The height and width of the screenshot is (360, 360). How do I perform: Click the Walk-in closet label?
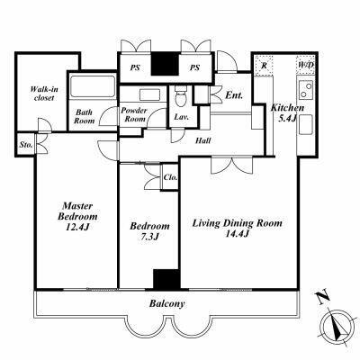(44, 94)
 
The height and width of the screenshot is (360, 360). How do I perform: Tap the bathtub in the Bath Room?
(93, 86)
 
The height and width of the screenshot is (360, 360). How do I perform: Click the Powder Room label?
(134, 114)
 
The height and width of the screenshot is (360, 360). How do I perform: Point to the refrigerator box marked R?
(264, 65)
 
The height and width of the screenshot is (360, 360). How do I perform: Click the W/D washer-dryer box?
(306, 65)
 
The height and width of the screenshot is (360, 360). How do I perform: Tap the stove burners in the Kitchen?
(306, 90)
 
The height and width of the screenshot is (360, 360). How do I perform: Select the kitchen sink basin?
(306, 124)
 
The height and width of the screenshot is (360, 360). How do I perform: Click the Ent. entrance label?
(234, 95)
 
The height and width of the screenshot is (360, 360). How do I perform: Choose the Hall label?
(203, 140)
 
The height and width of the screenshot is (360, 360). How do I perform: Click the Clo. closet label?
(170, 177)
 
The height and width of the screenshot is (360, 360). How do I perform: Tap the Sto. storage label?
(26, 145)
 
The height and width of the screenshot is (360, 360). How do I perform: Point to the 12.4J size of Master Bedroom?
(77, 227)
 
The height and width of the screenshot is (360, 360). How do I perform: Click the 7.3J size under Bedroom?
(149, 237)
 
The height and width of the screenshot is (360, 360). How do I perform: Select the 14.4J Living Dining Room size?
(237, 234)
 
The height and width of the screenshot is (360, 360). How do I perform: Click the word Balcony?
(166, 304)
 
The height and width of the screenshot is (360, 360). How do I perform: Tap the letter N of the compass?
(324, 298)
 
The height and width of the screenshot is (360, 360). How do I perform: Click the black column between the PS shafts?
(165, 64)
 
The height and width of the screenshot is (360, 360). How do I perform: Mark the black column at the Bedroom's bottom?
(166, 280)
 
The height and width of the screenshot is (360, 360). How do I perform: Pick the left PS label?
(135, 67)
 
